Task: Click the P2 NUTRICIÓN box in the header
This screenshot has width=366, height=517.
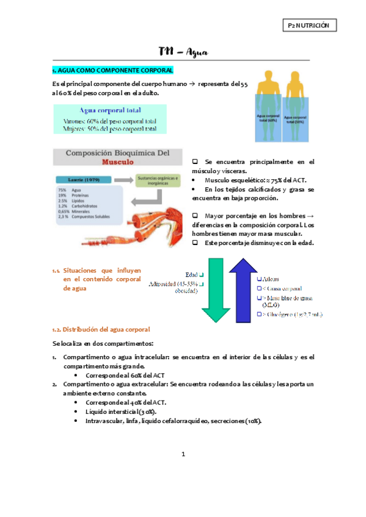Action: pyautogui.click(x=311, y=26)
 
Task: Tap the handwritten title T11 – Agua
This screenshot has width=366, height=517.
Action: pyautogui.click(x=183, y=52)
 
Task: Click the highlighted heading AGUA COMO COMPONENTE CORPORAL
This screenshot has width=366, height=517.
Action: pyautogui.click(x=113, y=71)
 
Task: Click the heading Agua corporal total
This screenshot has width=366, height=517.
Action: pyautogui.click(x=110, y=110)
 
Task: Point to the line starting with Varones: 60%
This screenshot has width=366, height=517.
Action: pyautogui.click(x=110, y=121)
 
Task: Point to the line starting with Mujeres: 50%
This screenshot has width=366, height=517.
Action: pyautogui.click(x=110, y=129)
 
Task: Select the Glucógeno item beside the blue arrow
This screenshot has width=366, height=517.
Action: pyautogui.click(x=291, y=315)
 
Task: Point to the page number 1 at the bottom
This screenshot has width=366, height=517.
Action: pyautogui.click(x=183, y=454)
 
